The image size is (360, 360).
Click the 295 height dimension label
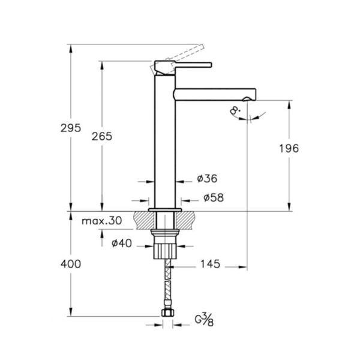[71, 128]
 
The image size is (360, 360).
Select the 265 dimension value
[102, 137]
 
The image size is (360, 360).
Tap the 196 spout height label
[289, 149]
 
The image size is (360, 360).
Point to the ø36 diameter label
[207, 178]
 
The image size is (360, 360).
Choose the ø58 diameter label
[214, 197]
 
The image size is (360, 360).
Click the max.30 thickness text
[102, 221]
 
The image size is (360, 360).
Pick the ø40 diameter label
[122, 244]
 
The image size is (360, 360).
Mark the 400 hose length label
[71, 264]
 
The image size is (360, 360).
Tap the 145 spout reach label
[211, 264]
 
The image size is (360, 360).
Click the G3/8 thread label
[205, 320]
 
